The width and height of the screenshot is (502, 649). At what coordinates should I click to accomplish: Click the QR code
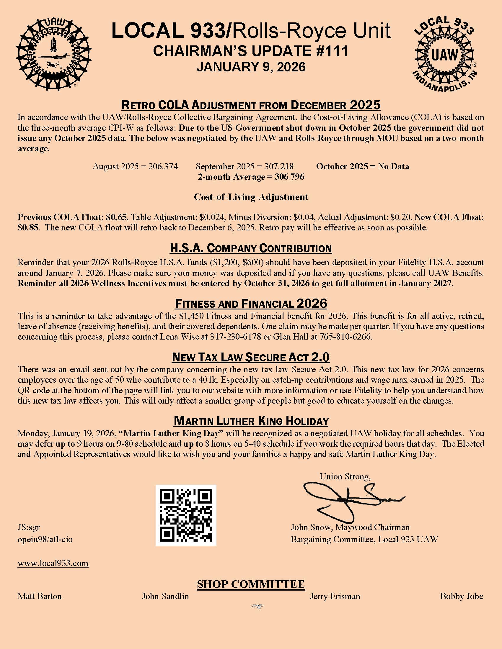pyautogui.click(x=186, y=515)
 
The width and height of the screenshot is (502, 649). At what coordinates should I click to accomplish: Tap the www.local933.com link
pyautogui.click(x=53, y=563)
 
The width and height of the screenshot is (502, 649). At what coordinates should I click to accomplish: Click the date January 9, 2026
pyautogui.click(x=251, y=67)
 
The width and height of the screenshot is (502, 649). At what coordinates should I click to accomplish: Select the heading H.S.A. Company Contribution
pyautogui.click(x=251, y=248)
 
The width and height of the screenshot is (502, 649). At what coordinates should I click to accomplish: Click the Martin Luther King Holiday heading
pyautogui.click(x=251, y=421)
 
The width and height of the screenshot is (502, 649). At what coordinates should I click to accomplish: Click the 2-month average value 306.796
pyautogui.click(x=289, y=177)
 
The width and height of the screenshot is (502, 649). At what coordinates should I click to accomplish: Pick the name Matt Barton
pyautogui.click(x=40, y=596)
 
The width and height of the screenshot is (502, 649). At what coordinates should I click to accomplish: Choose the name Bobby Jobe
pyautogui.click(x=462, y=596)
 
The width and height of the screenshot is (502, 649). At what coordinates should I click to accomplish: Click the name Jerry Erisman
pyautogui.click(x=335, y=596)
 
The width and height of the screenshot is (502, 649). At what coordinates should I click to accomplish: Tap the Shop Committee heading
pyautogui.click(x=251, y=584)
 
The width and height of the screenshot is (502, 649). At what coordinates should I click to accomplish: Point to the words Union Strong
pyautogui.click(x=345, y=477)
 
